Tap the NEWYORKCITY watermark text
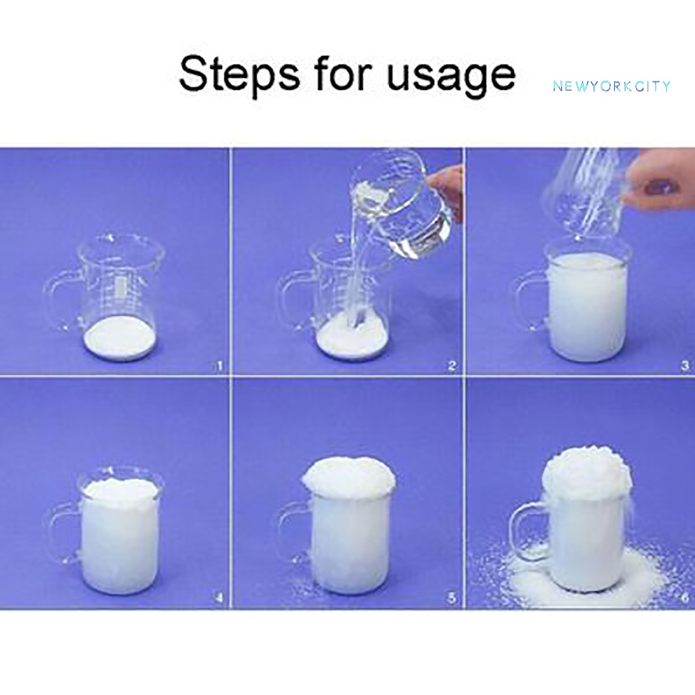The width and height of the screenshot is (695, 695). click(x=612, y=86)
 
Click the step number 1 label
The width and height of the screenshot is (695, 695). click(x=219, y=366)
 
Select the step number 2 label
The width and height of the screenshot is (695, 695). click(x=452, y=366)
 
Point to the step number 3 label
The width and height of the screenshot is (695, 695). click(x=685, y=366)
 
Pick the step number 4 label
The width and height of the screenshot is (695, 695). click(x=219, y=598)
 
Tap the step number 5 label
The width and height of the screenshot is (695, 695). click(x=452, y=598)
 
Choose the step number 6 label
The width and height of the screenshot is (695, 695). click(x=685, y=598)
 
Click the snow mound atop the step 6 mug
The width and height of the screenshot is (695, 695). click(x=586, y=474)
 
